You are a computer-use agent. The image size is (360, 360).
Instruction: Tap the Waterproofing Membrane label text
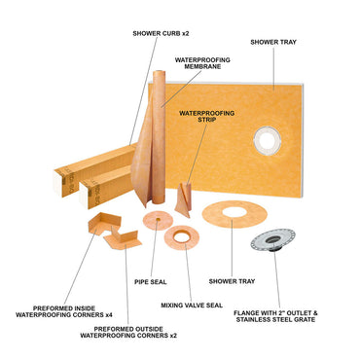point(201,63)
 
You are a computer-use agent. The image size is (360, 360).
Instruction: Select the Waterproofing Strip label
point(209,117)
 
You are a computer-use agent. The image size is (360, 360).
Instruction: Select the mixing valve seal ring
point(182,236)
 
